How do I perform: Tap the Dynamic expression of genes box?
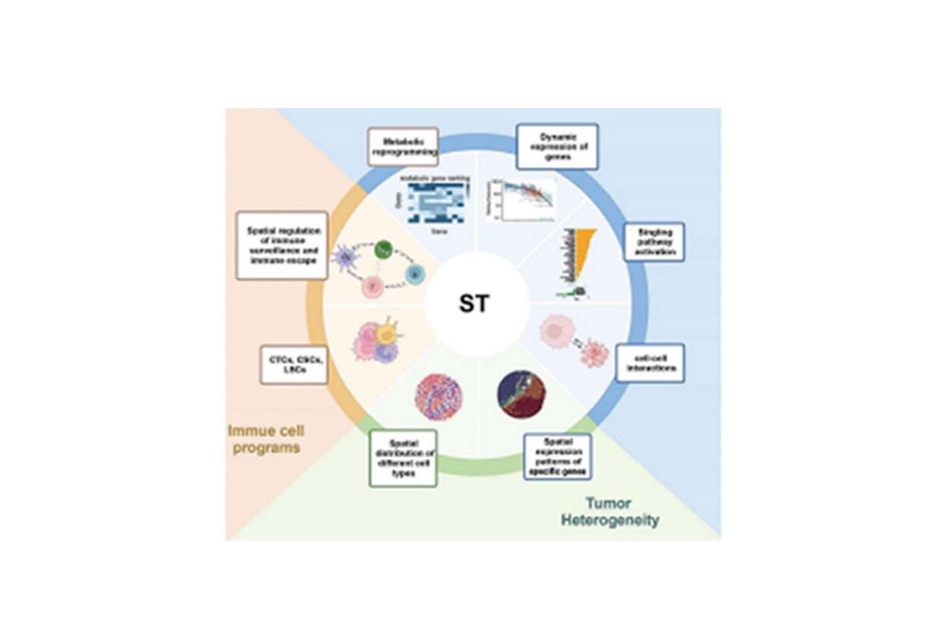coord(558,145)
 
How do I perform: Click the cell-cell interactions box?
coord(649,362)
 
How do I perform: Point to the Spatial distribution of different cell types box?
coord(402,458)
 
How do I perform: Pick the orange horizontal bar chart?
coord(583,249)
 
